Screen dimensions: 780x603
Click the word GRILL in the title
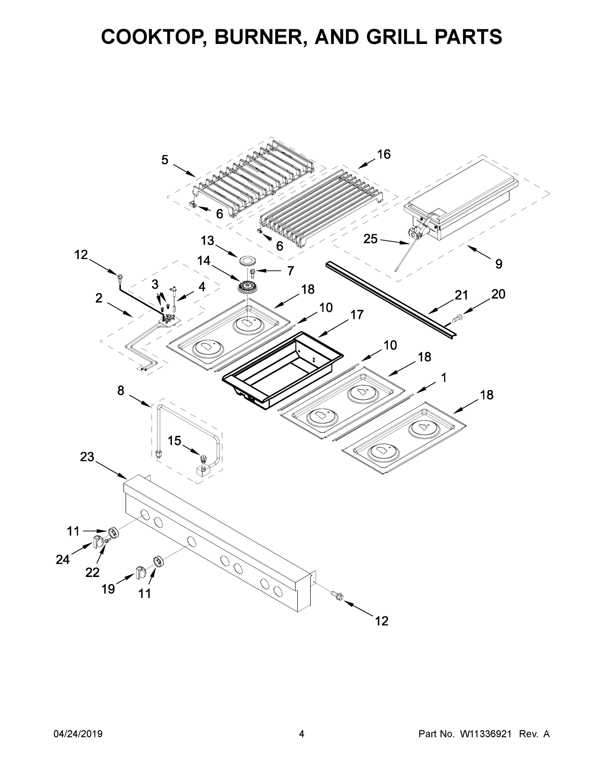[x=397, y=36]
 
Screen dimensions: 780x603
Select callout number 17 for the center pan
[x=357, y=315]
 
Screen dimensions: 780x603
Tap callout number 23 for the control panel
[x=87, y=457]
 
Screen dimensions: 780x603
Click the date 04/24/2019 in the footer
[x=78, y=734]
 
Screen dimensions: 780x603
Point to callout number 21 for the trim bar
[x=461, y=295]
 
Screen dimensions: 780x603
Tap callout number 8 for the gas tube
[x=121, y=391]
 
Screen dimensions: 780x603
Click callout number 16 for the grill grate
[x=384, y=154]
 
